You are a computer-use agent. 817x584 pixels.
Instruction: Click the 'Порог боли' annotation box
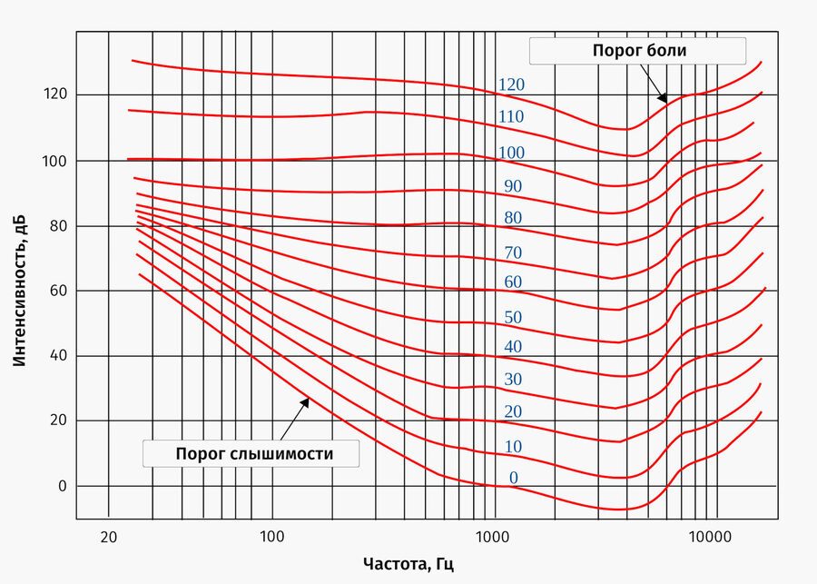639,51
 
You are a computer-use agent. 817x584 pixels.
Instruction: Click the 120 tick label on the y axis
56,94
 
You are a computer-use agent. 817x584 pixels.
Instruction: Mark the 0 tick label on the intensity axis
63,486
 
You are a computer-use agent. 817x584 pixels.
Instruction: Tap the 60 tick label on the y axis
59,291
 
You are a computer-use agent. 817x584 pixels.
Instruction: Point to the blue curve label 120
511,84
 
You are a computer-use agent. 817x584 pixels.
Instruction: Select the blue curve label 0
513,479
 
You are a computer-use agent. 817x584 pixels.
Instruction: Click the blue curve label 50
513,317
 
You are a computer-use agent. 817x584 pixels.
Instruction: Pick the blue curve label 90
513,186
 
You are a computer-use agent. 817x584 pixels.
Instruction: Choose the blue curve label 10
513,446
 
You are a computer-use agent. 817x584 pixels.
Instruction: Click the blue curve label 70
513,252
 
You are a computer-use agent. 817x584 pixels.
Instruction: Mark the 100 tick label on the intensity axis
56,160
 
